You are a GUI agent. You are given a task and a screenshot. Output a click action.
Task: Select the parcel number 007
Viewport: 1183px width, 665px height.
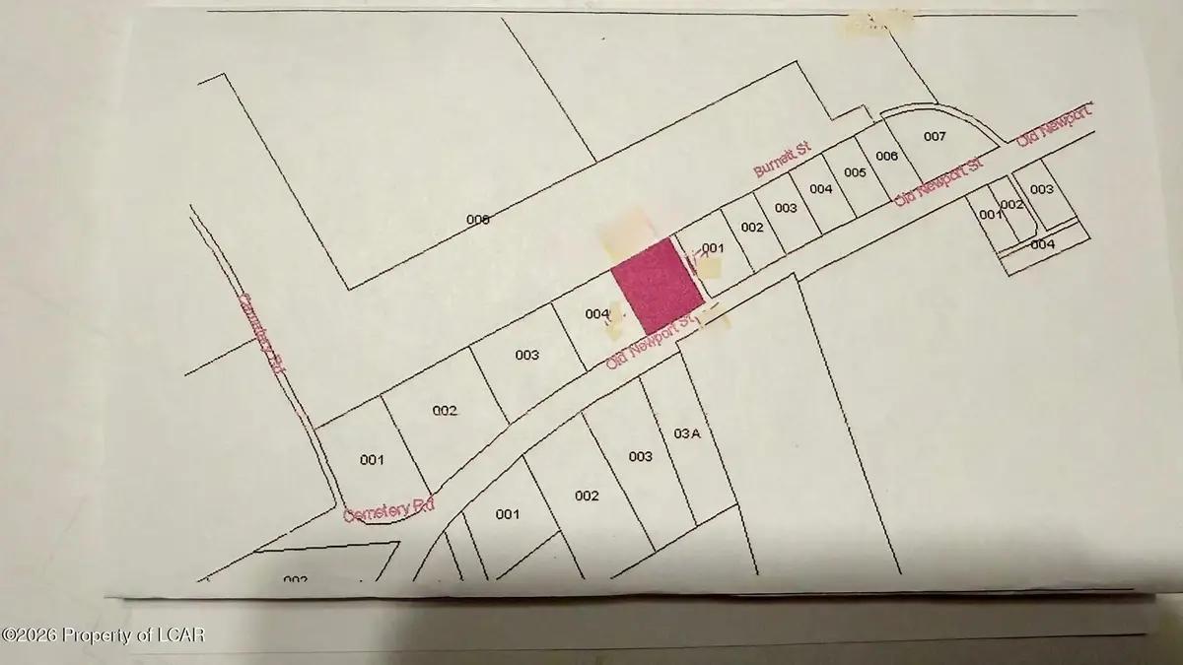click(935, 136)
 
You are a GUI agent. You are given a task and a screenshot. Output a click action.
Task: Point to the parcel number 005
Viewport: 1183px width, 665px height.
click(855, 172)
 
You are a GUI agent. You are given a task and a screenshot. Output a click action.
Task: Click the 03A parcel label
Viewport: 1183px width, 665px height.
click(686, 432)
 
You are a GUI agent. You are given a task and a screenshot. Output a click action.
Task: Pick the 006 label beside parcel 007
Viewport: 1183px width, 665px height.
click(886, 157)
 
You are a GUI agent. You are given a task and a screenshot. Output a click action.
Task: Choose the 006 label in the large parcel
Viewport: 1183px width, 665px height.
click(478, 220)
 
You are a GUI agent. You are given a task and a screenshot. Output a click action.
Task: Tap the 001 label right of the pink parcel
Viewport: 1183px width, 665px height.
click(713, 248)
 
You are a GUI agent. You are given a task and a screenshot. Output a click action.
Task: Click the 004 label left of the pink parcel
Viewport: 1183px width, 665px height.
click(596, 314)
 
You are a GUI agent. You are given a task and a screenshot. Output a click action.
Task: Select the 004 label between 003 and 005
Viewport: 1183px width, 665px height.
click(820, 188)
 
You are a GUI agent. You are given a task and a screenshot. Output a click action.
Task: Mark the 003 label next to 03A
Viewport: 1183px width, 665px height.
click(641, 456)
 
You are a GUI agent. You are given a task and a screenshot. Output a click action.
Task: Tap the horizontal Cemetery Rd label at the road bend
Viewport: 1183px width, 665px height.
click(388, 511)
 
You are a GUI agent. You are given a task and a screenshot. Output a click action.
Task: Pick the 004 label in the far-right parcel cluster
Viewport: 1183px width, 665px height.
click(1043, 243)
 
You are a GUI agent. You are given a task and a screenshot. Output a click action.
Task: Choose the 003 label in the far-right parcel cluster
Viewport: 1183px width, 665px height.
click(1041, 189)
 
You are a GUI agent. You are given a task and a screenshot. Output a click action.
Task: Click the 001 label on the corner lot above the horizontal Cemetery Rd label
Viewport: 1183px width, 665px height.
click(372, 459)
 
